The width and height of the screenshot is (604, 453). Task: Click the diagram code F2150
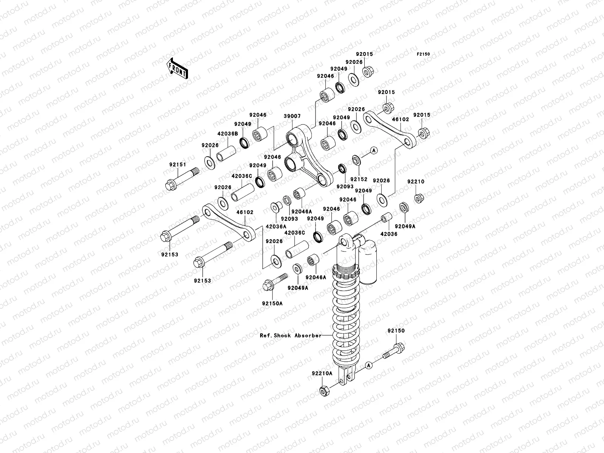(423, 54)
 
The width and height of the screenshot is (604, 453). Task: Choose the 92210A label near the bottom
(322, 373)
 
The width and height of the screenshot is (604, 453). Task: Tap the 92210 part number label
(416, 182)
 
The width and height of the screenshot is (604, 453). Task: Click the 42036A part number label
(276, 227)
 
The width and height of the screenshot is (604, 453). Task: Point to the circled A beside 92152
(374, 151)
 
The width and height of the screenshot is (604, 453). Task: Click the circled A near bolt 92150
(369, 365)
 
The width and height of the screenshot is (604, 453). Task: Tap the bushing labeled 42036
(386, 219)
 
